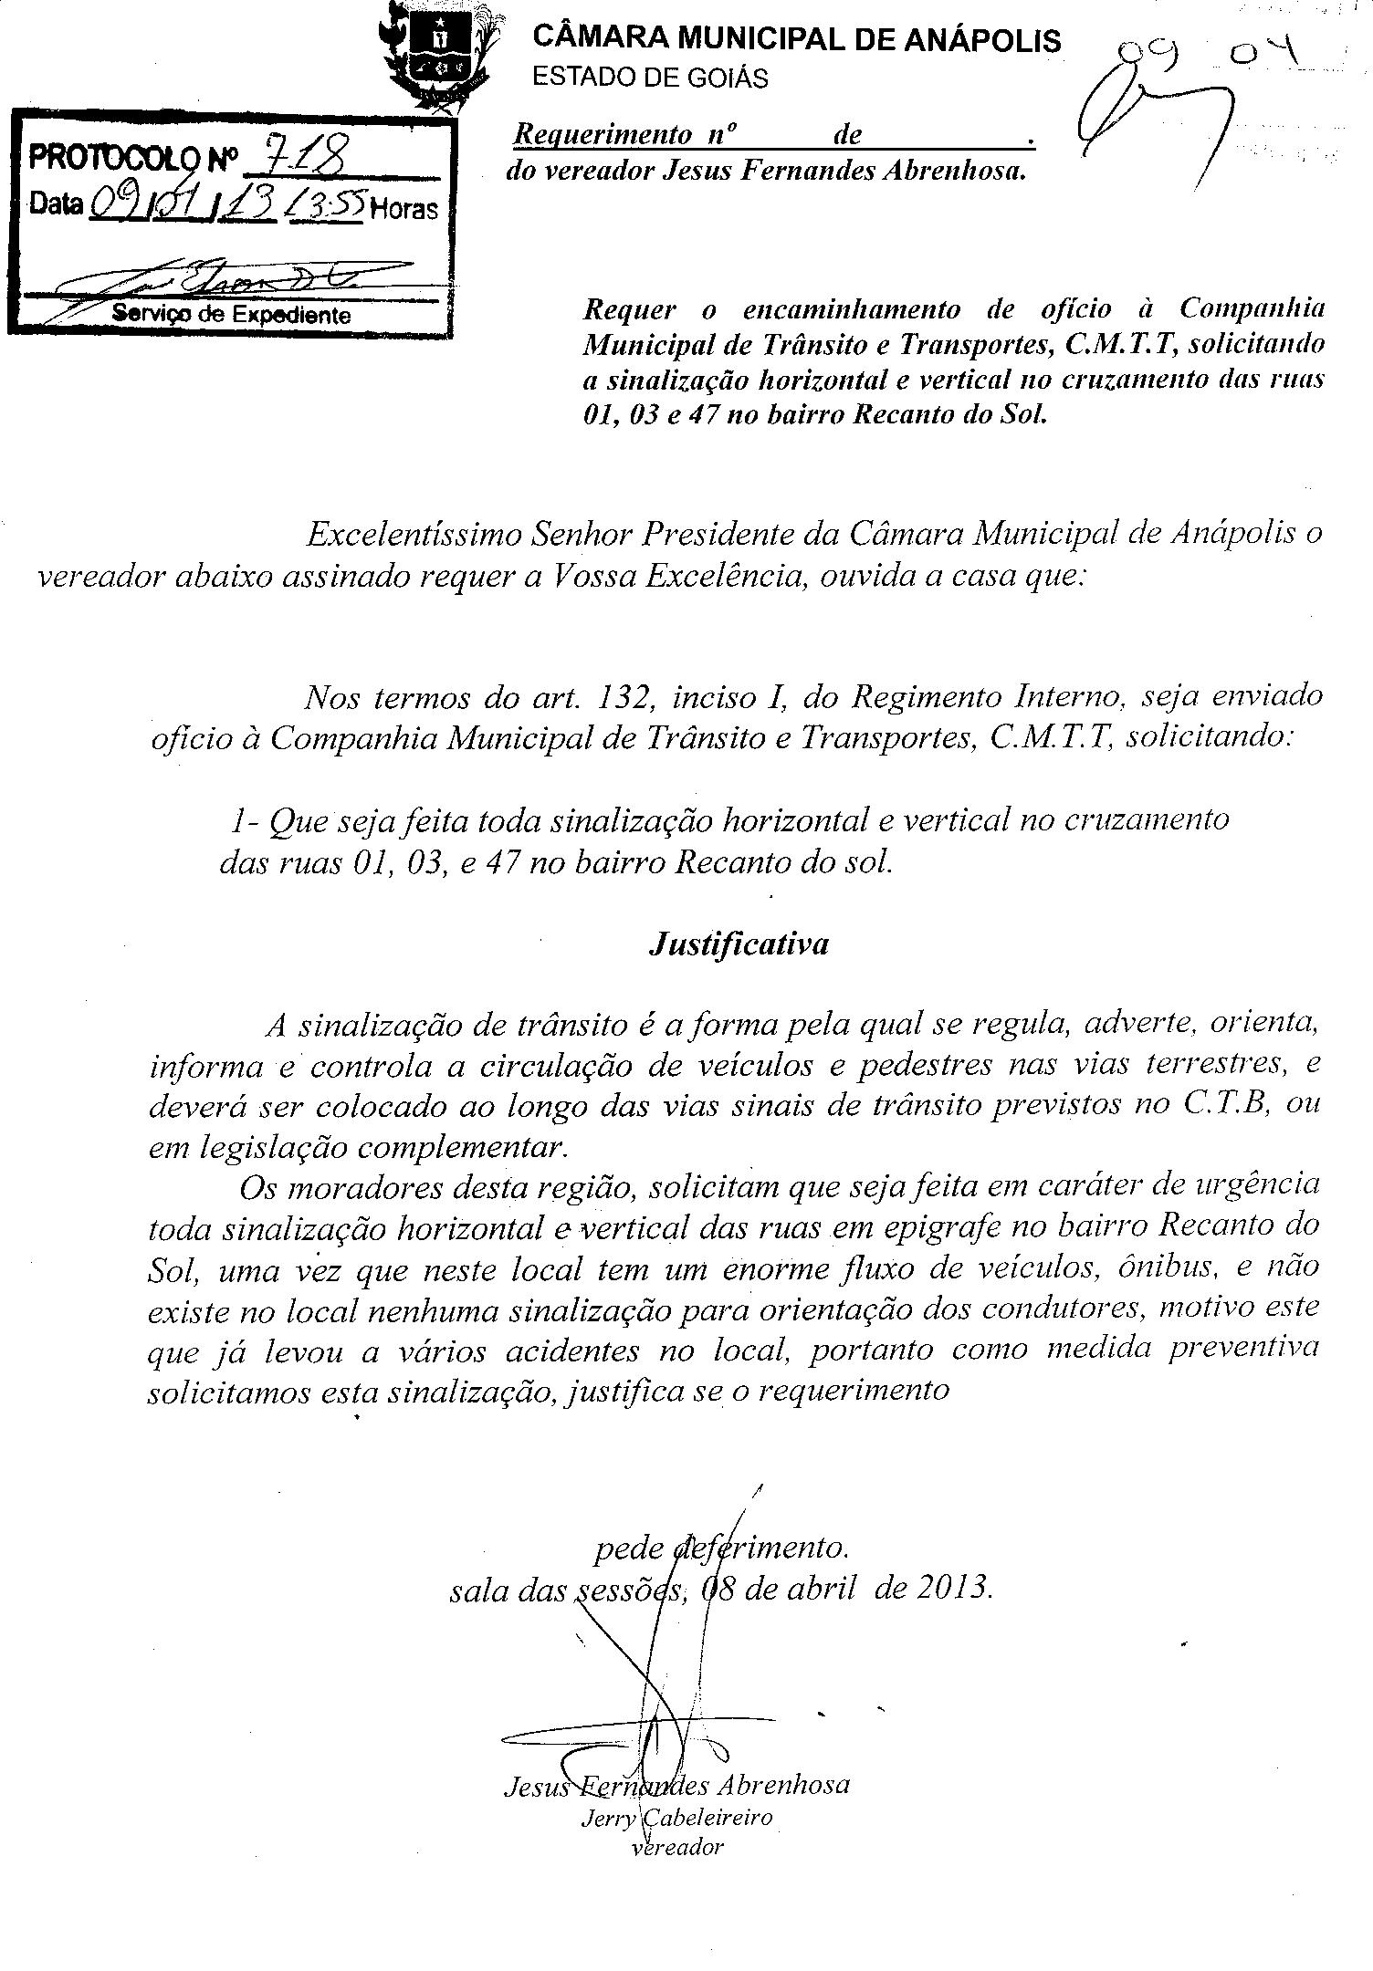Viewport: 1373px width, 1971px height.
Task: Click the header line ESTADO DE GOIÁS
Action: (650, 78)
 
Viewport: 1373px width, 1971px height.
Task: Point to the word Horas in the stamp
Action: (404, 209)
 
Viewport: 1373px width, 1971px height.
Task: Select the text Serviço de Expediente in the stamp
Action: (231, 315)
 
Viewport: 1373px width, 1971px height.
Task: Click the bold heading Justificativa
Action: (739, 943)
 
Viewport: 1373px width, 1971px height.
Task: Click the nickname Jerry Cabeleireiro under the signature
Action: (676, 1816)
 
